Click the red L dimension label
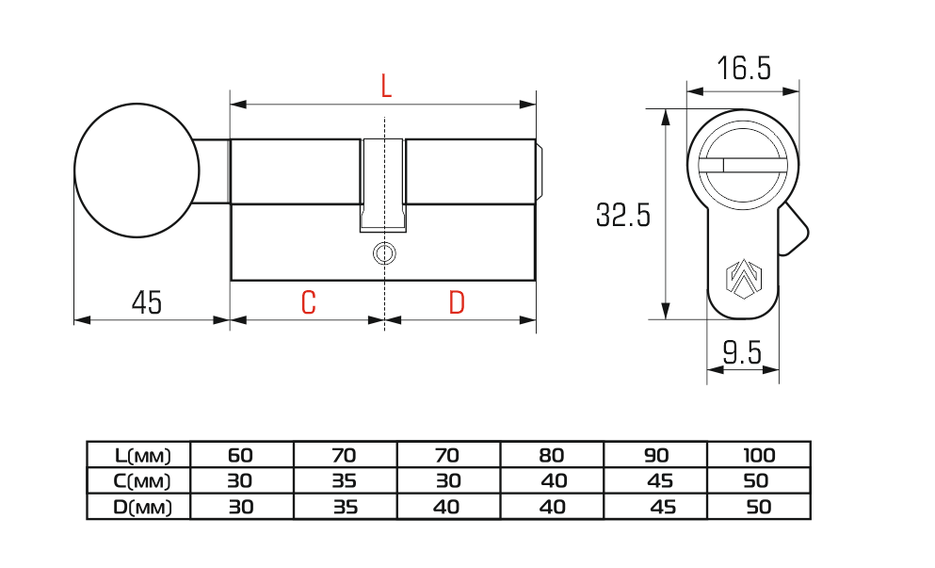(x=386, y=87)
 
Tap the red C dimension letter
(x=308, y=302)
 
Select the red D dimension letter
(x=457, y=302)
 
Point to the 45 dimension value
(x=147, y=302)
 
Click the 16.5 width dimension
(x=744, y=68)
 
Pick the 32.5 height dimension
(x=623, y=215)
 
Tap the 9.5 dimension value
(x=742, y=352)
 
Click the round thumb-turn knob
(x=137, y=170)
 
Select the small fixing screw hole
(x=384, y=253)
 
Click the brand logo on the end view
(x=744, y=278)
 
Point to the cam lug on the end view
(x=793, y=229)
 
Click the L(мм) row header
(x=143, y=456)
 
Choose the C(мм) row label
(x=142, y=481)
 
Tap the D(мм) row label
(x=142, y=507)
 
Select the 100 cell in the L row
(x=759, y=456)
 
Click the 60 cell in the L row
(x=240, y=456)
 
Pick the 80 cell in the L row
(x=552, y=456)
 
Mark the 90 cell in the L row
(x=656, y=456)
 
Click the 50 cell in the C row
(x=756, y=481)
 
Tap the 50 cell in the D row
(x=759, y=507)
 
